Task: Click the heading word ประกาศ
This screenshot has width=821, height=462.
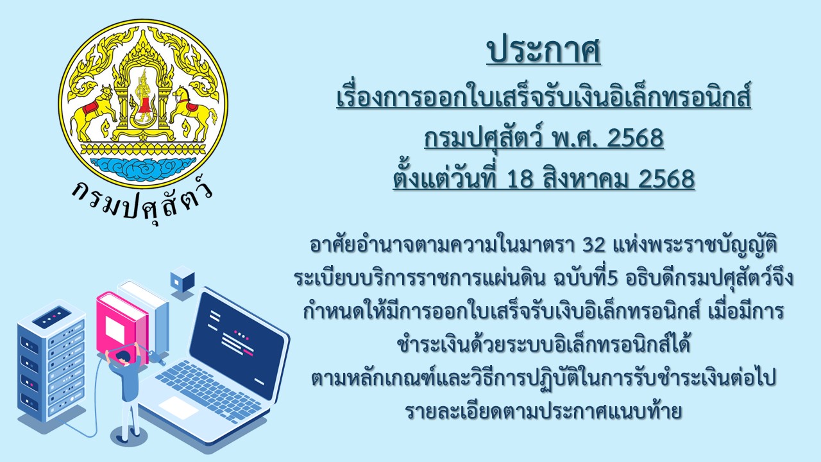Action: coord(543,51)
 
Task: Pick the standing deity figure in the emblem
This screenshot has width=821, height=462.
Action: coord(143,97)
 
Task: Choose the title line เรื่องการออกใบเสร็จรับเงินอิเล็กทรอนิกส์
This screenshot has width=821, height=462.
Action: coord(543,97)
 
